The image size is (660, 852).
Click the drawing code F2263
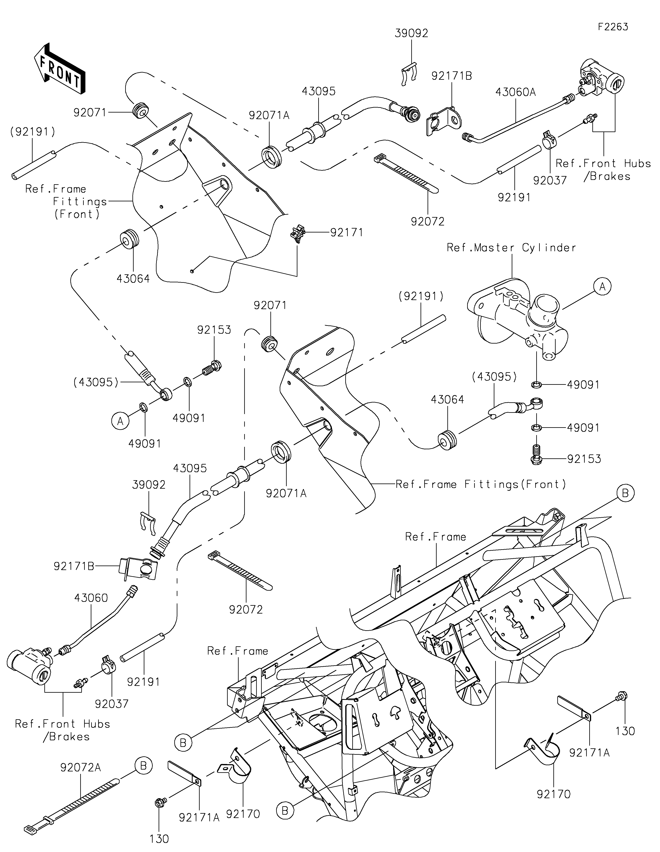(613, 27)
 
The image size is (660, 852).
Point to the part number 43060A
(515, 92)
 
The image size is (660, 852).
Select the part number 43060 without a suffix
(91, 598)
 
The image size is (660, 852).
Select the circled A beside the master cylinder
(602, 287)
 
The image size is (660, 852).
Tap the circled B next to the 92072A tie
(143, 766)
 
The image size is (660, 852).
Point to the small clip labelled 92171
(297, 233)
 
